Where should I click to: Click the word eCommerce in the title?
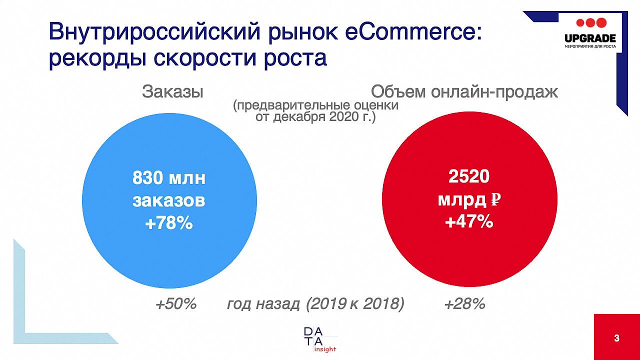click(412, 32)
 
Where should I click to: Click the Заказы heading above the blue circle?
click(172, 92)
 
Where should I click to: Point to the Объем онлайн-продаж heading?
click(464, 92)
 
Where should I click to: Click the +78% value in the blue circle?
click(169, 223)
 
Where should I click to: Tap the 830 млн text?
click(169, 178)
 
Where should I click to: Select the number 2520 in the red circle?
click(469, 176)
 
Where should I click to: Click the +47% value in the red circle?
click(469, 221)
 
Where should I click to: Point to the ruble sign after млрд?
click(495, 200)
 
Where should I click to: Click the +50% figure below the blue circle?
click(176, 303)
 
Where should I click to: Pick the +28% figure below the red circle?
click(464, 303)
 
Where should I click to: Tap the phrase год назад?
click(263, 303)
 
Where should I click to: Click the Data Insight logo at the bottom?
click(320, 339)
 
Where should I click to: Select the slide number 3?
click(616, 338)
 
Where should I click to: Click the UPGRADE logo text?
click(590, 38)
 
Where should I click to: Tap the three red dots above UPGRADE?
click(591, 22)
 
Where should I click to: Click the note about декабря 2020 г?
click(315, 118)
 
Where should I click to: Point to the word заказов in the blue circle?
click(169, 201)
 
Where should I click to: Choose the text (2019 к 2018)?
click(355, 303)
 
